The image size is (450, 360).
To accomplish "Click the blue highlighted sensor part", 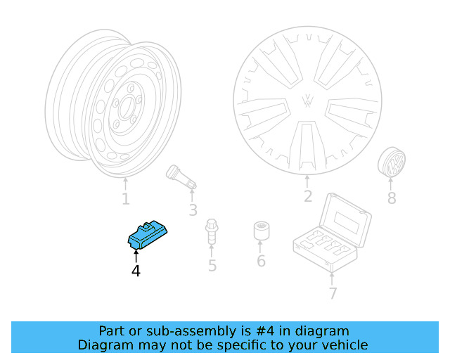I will [x=148, y=234].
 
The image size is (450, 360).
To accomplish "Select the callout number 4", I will [x=136, y=270].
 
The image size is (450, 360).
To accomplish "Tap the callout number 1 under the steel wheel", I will [x=125, y=199].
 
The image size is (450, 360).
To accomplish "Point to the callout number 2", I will [x=307, y=196].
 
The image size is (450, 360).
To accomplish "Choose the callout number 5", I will [x=212, y=266].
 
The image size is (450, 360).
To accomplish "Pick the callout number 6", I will [x=261, y=261].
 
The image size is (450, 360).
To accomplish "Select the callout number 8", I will [x=392, y=198].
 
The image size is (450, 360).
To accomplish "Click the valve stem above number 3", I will [x=181, y=176].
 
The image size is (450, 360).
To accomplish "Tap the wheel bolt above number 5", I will [x=211, y=231].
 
